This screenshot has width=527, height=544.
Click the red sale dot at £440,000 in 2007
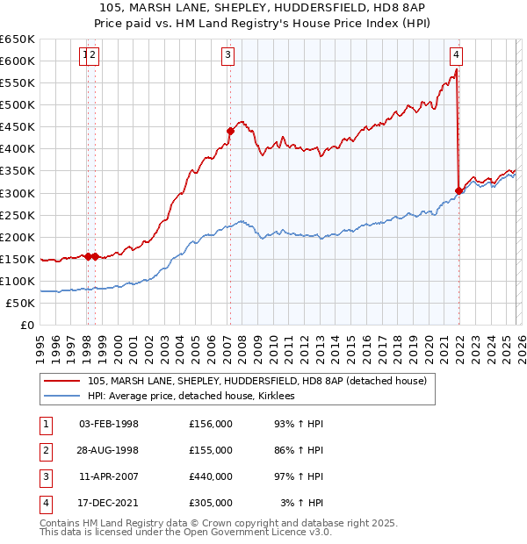tap(230, 131)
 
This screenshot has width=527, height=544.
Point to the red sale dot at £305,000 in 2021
tap(458, 190)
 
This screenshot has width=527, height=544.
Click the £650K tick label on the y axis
tap(18, 39)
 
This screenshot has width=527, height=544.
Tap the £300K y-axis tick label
tap(18, 193)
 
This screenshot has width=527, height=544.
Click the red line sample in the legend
tap(61, 381)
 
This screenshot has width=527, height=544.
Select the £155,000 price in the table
tap(210, 450)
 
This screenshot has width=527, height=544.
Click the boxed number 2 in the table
tap(44, 450)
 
